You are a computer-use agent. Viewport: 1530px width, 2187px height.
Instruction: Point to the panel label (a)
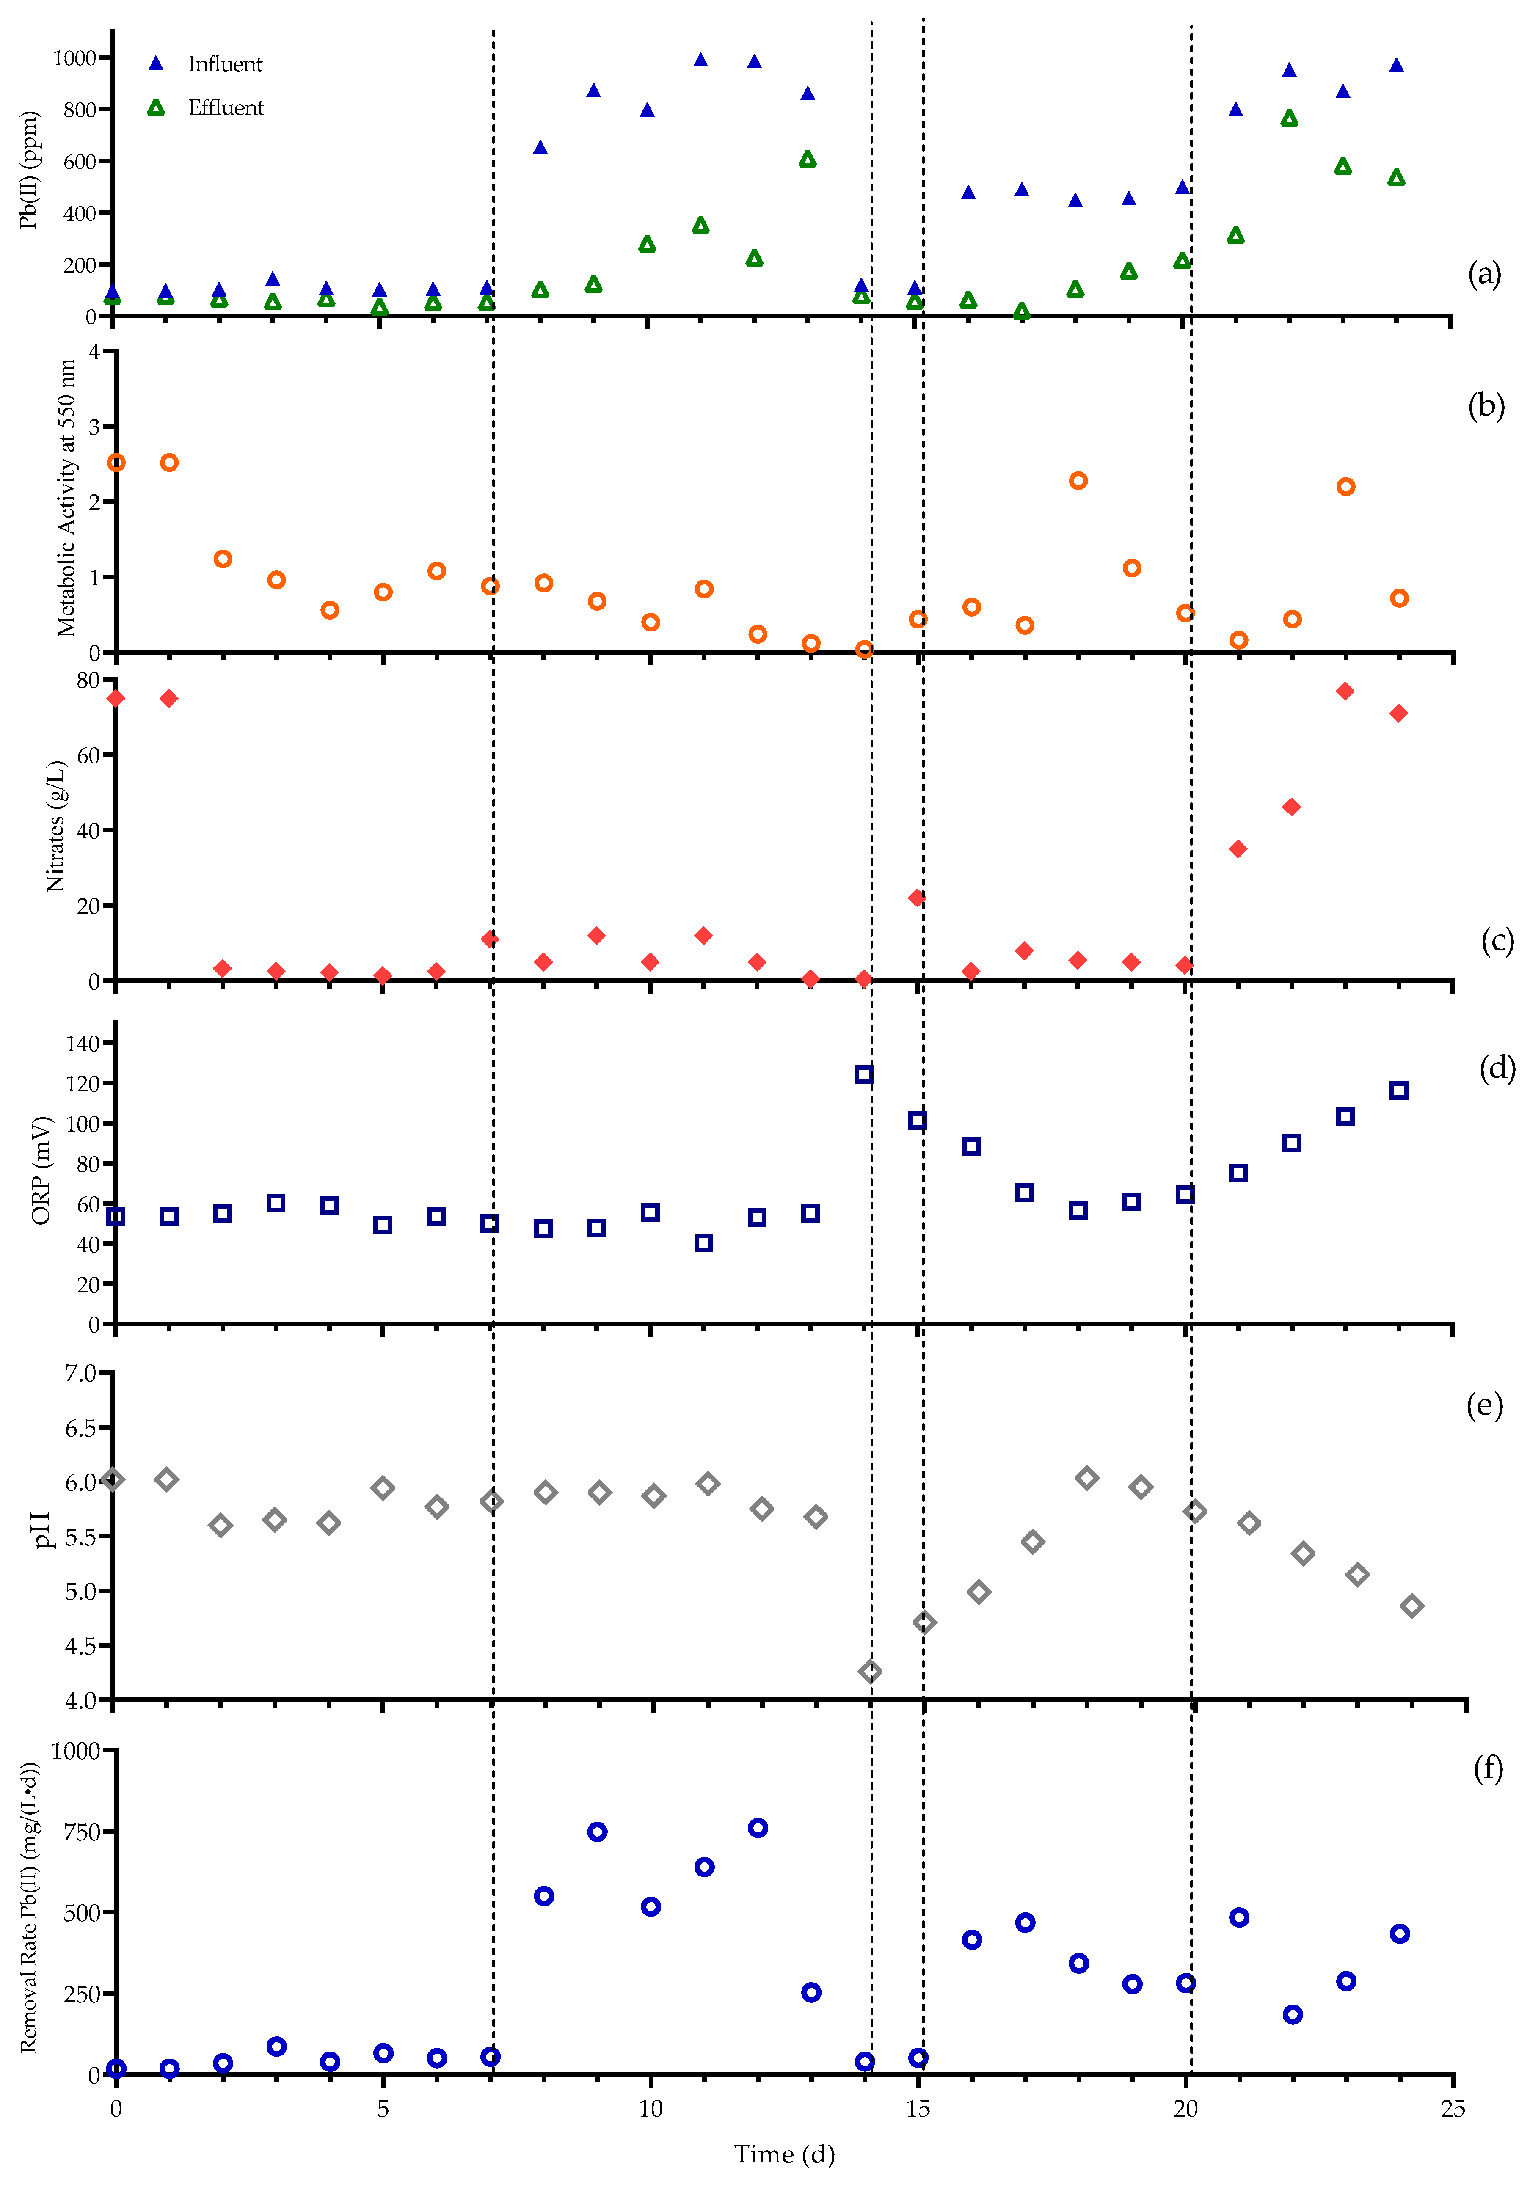(x=1483, y=274)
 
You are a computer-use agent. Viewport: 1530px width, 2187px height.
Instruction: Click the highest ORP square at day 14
(x=863, y=1074)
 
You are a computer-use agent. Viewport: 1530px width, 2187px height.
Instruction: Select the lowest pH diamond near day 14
(x=870, y=1672)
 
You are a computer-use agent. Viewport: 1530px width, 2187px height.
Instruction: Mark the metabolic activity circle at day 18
(x=1078, y=481)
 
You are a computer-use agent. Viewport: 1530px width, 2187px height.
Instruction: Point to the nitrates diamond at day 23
(x=1344, y=691)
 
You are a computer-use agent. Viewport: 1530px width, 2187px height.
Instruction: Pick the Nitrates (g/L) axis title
(x=55, y=826)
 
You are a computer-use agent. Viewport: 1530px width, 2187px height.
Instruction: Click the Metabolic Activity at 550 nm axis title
(x=66, y=497)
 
